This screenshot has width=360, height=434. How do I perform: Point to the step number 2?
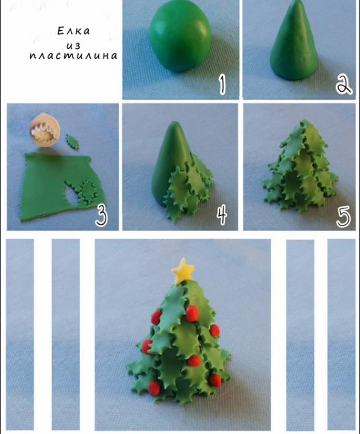[343, 85]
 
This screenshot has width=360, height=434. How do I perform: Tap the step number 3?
[102, 215]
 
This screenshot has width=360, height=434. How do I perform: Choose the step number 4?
[222, 215]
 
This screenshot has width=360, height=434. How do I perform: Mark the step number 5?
[343, 216]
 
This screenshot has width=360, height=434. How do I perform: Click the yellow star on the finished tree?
[183, 270]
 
